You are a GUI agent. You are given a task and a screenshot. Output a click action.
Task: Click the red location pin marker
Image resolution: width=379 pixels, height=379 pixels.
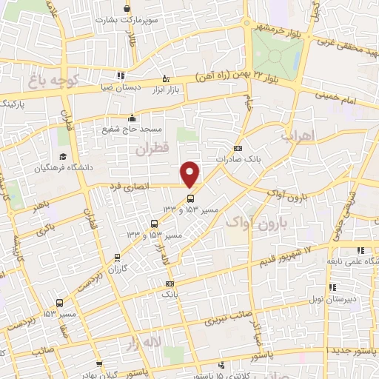[191, 174]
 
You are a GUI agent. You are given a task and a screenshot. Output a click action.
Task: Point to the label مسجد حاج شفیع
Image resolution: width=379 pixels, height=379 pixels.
[133, 129]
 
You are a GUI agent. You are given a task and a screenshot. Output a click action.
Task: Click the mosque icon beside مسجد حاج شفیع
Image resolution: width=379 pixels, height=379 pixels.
[133, 118]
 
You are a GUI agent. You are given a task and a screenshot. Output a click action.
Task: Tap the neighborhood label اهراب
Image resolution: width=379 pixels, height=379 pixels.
[319, 136]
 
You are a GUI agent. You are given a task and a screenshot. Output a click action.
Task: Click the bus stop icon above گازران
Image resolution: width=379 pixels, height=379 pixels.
[115, 258]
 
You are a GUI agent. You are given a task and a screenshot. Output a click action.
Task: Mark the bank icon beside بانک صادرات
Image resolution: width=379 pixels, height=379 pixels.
[238, 147]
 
